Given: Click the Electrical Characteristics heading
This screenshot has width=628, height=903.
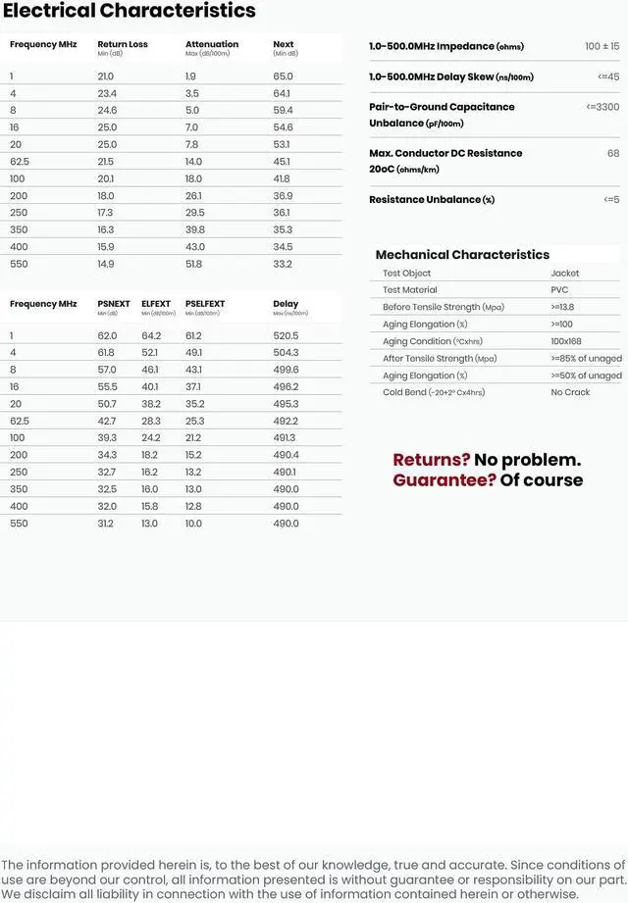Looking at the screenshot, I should click(x=129, y=12).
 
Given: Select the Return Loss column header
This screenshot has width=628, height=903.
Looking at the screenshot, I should click(x=123, y=44).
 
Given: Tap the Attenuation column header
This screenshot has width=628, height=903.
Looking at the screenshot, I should click(x=212, y=44).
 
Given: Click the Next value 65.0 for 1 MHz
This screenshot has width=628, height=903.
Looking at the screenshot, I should click(x=283, y=76).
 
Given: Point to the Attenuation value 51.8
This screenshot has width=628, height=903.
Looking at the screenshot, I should click(x=193, y=264).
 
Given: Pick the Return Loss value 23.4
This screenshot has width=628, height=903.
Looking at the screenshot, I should click(x=107, y=93).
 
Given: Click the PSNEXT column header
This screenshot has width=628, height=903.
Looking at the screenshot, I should click(x=114, y=304).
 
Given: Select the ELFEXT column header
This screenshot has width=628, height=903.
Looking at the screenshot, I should click(x=156, y=304).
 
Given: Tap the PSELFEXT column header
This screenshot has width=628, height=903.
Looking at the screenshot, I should click(x=205, y=304).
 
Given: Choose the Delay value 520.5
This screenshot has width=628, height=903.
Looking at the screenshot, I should click(x=286, y=336).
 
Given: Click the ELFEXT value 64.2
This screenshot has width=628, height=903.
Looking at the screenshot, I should click(x=150, y=336).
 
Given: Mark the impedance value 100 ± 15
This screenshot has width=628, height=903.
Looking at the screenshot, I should click(x=602, y=46).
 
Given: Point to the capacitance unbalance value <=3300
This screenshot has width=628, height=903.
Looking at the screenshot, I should click(x=602, y=107).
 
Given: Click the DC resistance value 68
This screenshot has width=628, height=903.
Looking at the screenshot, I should click(x=613, y=153).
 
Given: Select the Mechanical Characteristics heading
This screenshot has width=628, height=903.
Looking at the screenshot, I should click(x=462, y=255).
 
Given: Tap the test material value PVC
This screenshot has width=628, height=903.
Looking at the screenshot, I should click(x=559, y=290).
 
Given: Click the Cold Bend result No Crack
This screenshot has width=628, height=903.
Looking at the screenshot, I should click(x=570, y=392).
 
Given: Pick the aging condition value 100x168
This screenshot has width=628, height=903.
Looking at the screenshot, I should click(x=566, y=341).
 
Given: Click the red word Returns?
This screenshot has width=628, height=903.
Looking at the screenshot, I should click(x=432, y=460).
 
